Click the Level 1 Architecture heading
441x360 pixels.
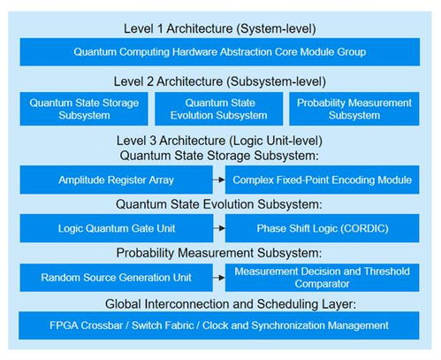220,29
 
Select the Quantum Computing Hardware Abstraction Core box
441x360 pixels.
220,52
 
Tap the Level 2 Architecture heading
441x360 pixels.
220,81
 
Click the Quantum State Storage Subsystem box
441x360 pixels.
84,109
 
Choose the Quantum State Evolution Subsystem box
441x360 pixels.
219,109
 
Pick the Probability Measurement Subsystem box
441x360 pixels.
354,109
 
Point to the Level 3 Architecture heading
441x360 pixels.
219,141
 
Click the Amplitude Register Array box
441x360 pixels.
116,180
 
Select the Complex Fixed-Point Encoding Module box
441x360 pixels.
322,180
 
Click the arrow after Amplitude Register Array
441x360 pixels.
219,180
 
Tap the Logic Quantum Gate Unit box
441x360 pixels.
117,228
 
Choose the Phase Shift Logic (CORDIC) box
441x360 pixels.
322,228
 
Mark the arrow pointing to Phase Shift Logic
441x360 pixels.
219,228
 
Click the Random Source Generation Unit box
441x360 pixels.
116,278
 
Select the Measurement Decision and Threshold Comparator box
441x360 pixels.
322,278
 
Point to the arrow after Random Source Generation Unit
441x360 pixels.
219,278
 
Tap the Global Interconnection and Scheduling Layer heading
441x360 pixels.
231,304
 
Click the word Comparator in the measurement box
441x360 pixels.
322,284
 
